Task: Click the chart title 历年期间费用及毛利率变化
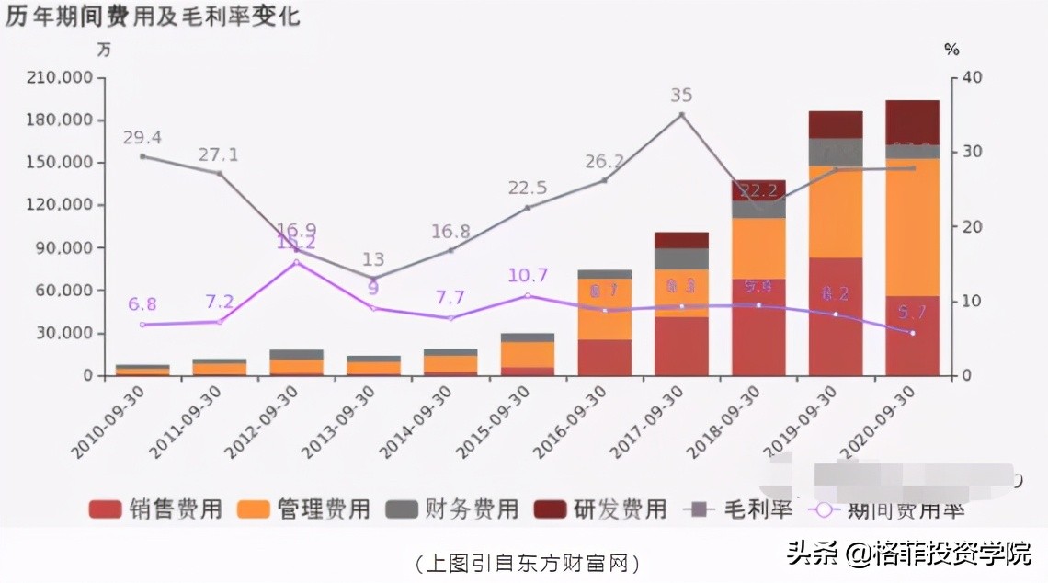click(x=153, y=17)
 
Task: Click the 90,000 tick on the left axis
click(x=65, y=248)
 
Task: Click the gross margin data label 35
click(x=681, y=96)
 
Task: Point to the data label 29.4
click(x=142, y=138)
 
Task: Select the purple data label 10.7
click(x=527, y=275)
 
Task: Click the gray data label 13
click(x=372, y=259)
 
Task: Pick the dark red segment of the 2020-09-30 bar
click(x=911, y=121)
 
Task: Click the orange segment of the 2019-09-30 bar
click(x=835, y=211)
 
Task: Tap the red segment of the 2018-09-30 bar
click(x=758, y=326)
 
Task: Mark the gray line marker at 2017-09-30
click(x=681, y=115)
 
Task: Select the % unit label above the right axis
click(x=951, y=50)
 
